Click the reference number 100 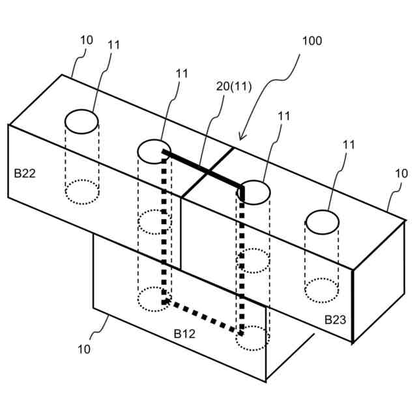tap(312, 41)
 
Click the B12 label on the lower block tap(184, 334)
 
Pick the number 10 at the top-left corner tap(87, 40)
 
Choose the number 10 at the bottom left tap(84, 349)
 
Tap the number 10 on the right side tap(401, 174)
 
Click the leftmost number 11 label tap(114, 45)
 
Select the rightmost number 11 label tap(349, 144)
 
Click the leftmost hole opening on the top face tap(81, 122)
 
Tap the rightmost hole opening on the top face tap(323, 222)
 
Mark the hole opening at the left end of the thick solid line tap(154, 151)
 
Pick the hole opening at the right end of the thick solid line tap(253, 191)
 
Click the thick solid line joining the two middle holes tap(202, 170)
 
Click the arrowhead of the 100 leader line tap(240, 137)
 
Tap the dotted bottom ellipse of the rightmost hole tap(322, 290)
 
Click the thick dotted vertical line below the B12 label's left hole tap(164, 228)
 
